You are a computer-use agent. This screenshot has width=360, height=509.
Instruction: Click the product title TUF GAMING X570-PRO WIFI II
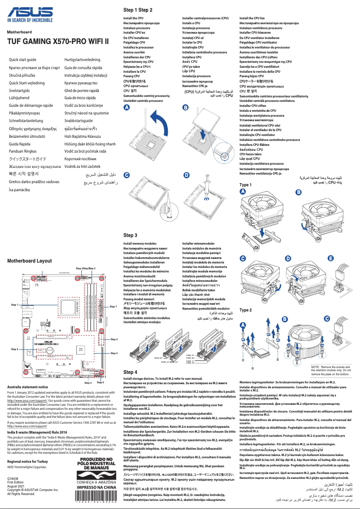pyautogui.click(x=58, y=42)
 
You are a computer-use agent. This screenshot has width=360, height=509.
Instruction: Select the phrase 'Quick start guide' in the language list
pyautogui.click(x=22, y=60)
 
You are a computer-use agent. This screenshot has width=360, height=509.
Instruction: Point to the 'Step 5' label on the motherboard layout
pyautogui.click(x=14, y=349)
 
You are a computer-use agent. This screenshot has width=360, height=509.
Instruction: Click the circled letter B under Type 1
pyautogui.click(x=299, y=192)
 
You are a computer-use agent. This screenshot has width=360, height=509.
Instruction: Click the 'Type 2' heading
pyautogui.click(x=246, y=310)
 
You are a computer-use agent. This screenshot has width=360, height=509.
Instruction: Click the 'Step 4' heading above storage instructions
pyautogui.click(x=130, y=372)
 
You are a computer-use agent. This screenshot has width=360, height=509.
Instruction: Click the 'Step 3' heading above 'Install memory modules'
pyautogui.click(x=130, y=235)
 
